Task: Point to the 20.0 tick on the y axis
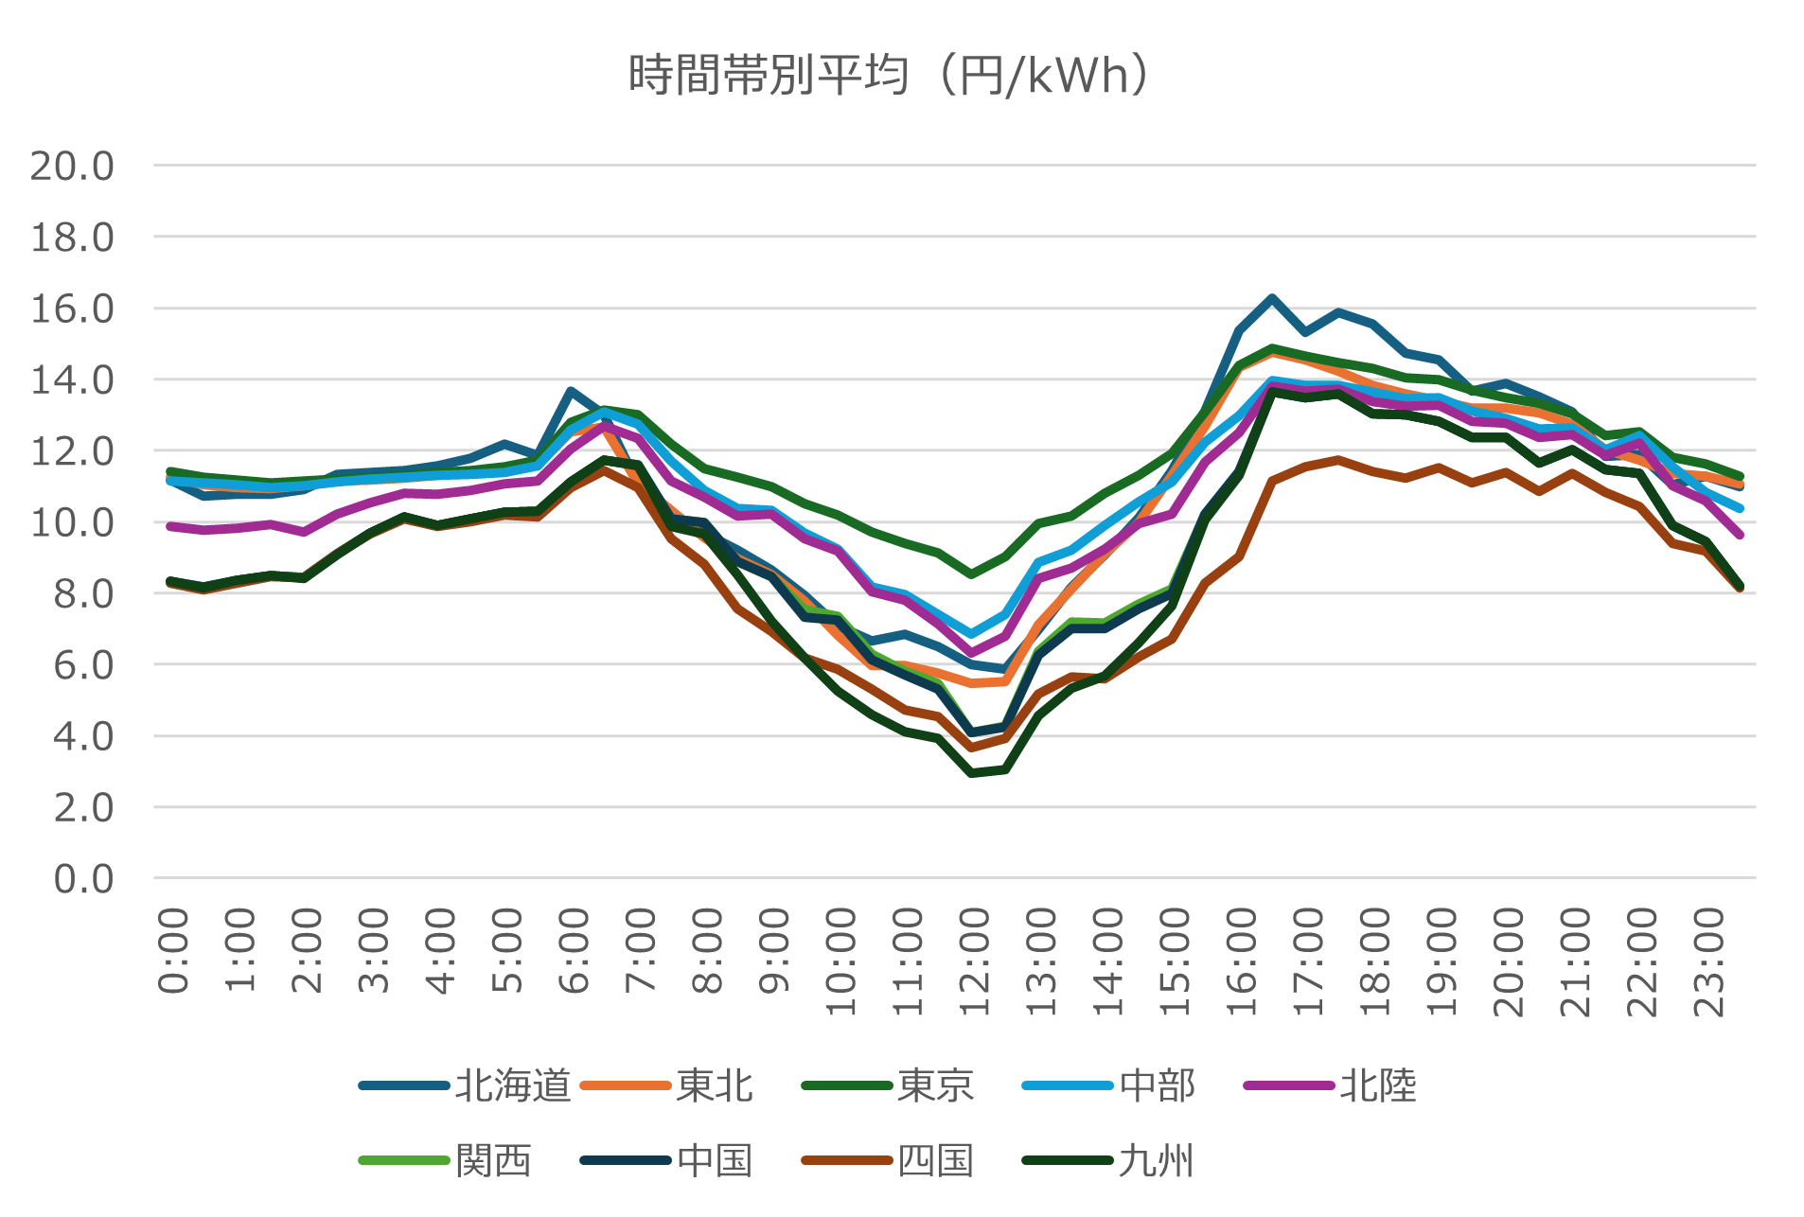click(72, 167)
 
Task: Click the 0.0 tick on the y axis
click(83, 879)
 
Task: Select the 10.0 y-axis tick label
click(72, 522)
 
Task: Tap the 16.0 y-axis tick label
click(72, 309)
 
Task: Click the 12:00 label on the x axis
click(974, 961)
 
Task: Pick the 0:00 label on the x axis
click(173, 950)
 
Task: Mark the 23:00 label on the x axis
click(1708, 961)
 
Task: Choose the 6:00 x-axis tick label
click(574, 950)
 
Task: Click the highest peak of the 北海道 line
click(1272, 298)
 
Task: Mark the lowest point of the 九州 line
click(972, 773)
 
